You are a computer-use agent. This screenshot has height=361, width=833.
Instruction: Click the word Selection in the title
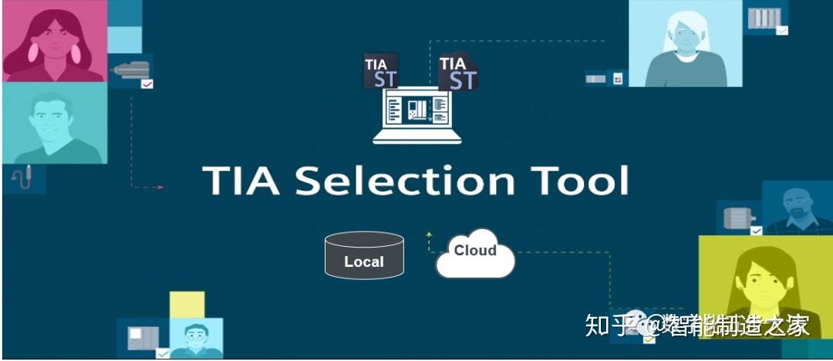406,180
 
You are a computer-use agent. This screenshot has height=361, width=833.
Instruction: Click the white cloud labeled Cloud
475,254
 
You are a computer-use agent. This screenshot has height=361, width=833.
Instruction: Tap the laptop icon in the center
416,115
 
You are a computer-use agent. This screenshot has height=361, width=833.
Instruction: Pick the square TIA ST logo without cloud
381,71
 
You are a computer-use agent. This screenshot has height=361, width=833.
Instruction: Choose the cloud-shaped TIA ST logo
458,72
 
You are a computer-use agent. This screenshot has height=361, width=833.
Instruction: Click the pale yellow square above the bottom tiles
187,305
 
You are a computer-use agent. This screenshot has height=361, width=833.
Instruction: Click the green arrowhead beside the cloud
429,233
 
